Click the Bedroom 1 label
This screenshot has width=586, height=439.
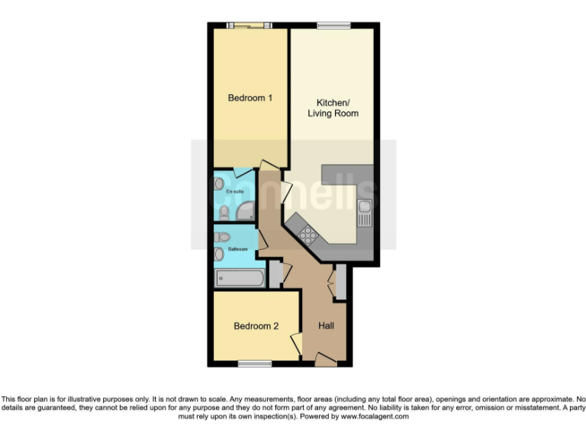250,98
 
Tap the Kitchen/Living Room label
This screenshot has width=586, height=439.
333,107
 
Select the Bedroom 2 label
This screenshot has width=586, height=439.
256,326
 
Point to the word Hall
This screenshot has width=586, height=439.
326,326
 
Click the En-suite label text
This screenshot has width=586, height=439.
234,191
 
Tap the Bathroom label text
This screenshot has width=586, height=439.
238,249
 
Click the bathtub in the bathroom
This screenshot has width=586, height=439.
240,277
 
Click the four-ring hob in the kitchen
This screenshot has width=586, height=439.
309,234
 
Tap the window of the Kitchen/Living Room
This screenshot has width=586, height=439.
333,26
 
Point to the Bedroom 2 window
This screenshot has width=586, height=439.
254,364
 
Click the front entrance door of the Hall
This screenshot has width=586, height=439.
326,359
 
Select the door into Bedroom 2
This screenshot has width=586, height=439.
295,341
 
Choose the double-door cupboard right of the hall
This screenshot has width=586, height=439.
340,282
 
